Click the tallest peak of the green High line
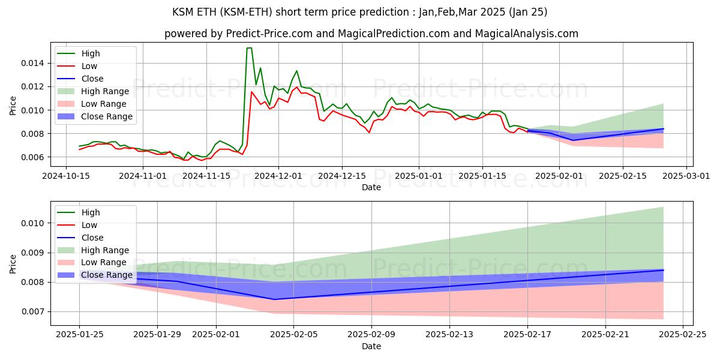[x=249, y=48]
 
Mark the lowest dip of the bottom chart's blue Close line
[x=274, y=299]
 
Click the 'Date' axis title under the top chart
[x=371, y=187]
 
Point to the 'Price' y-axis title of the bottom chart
[x=13, y=264]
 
